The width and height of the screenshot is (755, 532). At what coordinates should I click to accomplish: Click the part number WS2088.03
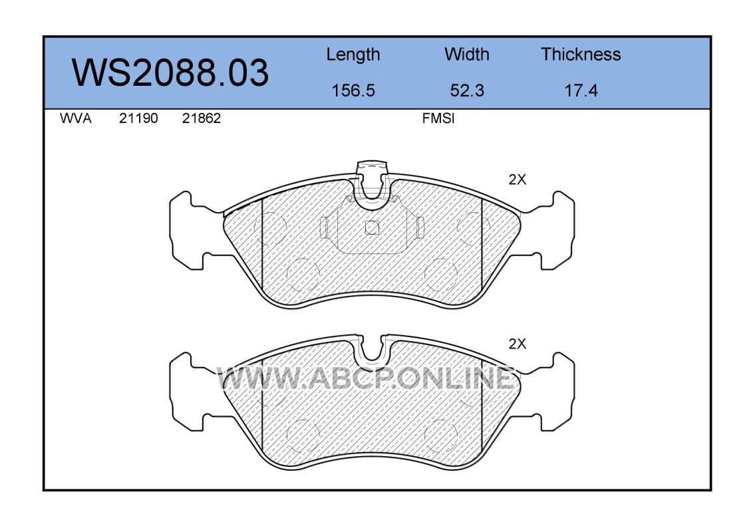170,72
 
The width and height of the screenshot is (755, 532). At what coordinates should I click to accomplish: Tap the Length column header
353,55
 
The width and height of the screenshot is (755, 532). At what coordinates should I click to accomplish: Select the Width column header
466,55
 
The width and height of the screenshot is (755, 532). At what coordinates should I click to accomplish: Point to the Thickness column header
581,55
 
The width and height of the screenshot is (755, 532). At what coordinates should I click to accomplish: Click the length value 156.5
353,90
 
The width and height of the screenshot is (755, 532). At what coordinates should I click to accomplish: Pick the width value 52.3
466,90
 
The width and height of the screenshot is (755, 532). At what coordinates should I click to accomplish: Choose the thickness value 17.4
581,90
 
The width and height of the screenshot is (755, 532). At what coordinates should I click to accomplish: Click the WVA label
76,118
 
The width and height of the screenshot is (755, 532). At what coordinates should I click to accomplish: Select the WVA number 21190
138,118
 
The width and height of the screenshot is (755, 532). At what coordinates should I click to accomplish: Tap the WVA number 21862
202,118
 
